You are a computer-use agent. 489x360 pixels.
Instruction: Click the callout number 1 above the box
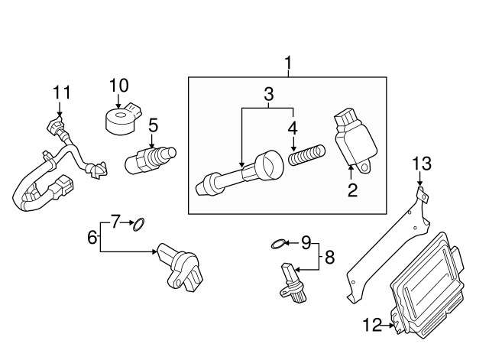[x=289, y=63]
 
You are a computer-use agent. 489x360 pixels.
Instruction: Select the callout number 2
[x=352, y=190]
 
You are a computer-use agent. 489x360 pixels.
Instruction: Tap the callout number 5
[x=154, y=125]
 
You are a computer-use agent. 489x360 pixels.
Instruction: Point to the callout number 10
[x=119, y=86]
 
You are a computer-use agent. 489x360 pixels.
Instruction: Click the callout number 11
[x=62, y=92]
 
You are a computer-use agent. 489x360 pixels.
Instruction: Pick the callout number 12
[x=372, y=325]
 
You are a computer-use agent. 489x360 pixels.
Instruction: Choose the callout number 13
[x=422, y=164]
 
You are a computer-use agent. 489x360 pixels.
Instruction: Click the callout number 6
[x=92, y=238]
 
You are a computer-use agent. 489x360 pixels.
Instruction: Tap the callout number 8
[x=329, y=258]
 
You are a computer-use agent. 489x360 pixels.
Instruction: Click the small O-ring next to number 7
[x=139, y=225]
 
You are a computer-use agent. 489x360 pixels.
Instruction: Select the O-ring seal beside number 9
[x=278, y=244]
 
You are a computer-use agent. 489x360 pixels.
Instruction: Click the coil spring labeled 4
[x=307, y=155]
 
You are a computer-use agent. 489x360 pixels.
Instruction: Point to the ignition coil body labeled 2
[x=355, y=140]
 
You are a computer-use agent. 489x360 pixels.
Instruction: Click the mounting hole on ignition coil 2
[x=364, y=168]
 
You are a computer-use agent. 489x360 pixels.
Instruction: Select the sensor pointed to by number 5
[x=151, y=160]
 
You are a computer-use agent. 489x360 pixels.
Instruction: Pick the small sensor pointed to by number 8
[x=293, y=283]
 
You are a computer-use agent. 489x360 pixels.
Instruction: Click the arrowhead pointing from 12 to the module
[x=391, y=326]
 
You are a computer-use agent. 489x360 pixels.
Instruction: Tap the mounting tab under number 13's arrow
[x=423, y=195]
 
